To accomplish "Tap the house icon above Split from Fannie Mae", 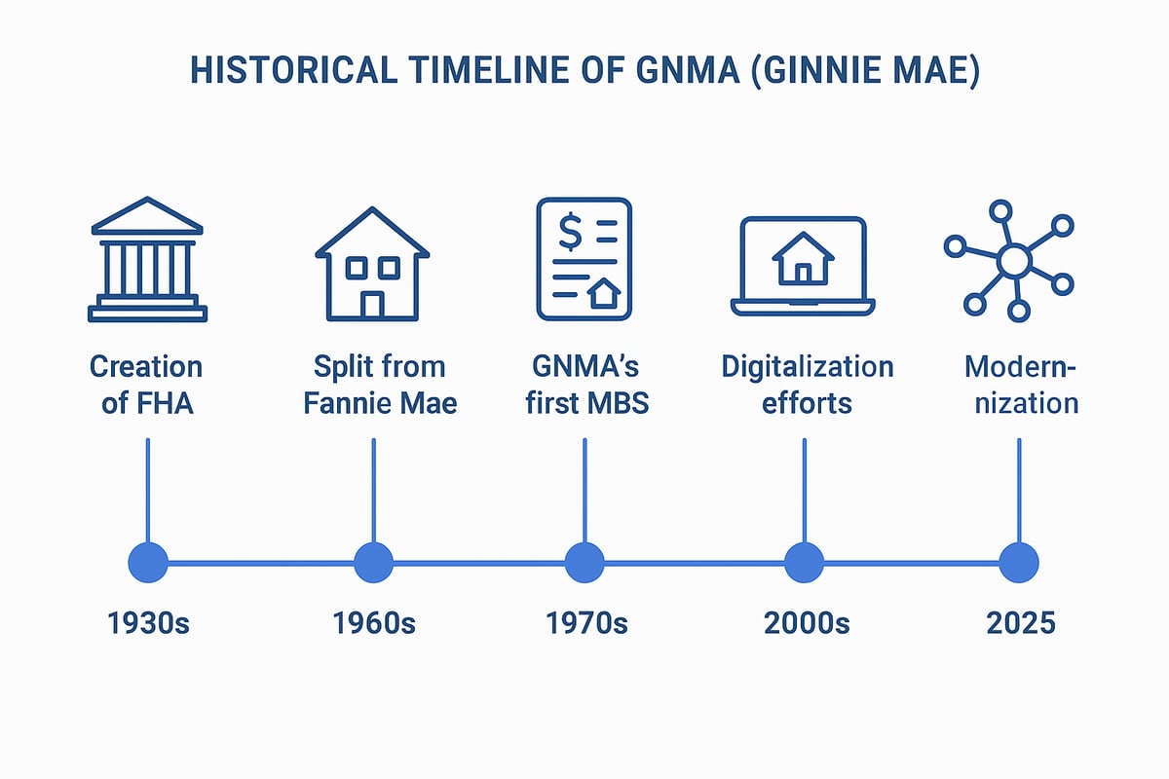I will tap(372, 262).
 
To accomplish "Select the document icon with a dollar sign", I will tap(584, 259).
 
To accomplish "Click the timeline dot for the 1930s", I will tap(148, 563).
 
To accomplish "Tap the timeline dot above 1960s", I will tap(373, 563).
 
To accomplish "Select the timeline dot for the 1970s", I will tap(584, 563).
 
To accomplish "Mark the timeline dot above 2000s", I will tap(804, 563).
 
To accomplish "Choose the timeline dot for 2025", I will tap(1019, 563).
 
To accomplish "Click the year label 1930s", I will tap(148, 622).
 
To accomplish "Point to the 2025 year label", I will tap(1020, 622).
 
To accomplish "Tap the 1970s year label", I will tap(584, 622).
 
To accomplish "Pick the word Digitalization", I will tap(807, 367).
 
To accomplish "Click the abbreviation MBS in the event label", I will tap(615, 402).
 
